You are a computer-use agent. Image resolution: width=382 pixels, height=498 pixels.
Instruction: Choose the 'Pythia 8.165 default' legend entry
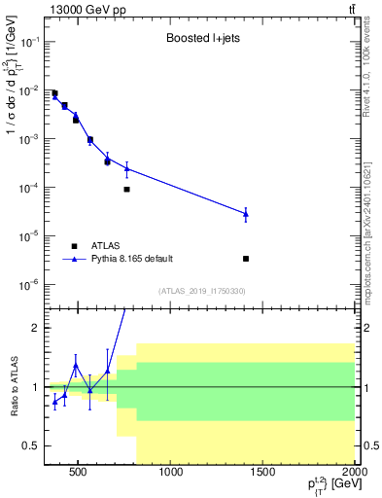[x=130, y=259]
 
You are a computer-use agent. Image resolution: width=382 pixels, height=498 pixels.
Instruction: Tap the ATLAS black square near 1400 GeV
[x=246, y=259]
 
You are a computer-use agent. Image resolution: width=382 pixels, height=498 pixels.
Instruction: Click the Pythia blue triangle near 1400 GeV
[x=246, y=213]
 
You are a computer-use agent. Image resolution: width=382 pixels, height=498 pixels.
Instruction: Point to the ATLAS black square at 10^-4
[x=127, y=190]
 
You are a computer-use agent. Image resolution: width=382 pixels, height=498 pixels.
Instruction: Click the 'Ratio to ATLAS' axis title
[x=12, y=387]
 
